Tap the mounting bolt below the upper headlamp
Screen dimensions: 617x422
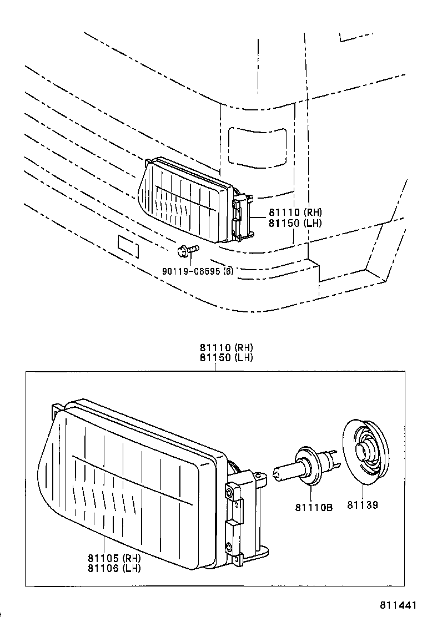(186, 251)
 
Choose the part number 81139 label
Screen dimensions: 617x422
(363, 507)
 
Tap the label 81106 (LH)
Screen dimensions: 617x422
(113, 568)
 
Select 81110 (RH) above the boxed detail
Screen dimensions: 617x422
(227, 348)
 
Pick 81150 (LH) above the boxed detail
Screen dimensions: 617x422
(227, 358)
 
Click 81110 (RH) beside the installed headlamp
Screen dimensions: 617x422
(295, 212)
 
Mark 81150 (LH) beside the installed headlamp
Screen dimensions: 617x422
(295, 222)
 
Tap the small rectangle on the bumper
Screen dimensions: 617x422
(127, 246)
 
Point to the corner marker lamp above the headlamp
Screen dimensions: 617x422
(258, 145)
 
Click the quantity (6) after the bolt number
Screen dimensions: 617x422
(228, 271)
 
